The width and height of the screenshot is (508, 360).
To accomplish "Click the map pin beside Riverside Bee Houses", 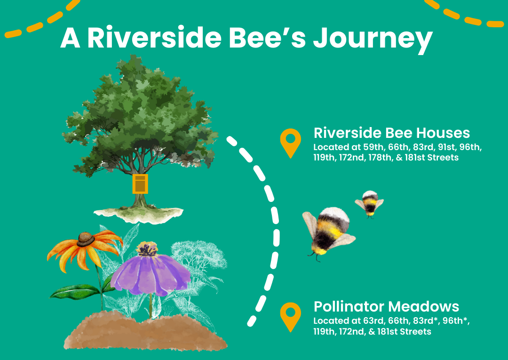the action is tap(291, 143).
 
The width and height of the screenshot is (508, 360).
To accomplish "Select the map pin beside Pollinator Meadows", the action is tap(291, 317).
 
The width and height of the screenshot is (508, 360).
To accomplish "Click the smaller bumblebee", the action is tap(370, 203).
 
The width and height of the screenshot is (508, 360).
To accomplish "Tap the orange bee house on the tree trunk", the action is tap(140, 184).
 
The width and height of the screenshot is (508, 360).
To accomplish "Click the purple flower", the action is tap(151, 271).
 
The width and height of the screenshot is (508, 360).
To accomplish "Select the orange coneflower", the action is tap(85, 249).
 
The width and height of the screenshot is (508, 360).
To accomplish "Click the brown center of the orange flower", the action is tap(86, 239).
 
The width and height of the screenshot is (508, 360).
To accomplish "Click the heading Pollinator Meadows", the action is tap(386, 306).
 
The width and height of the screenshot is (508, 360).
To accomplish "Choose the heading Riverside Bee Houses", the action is tap(392, 133).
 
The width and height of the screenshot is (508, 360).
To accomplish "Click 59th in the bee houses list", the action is tap(373, 147).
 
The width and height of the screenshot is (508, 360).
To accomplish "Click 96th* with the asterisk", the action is tap(455, 321).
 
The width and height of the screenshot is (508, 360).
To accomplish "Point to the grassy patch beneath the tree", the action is tap(139, 215).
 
